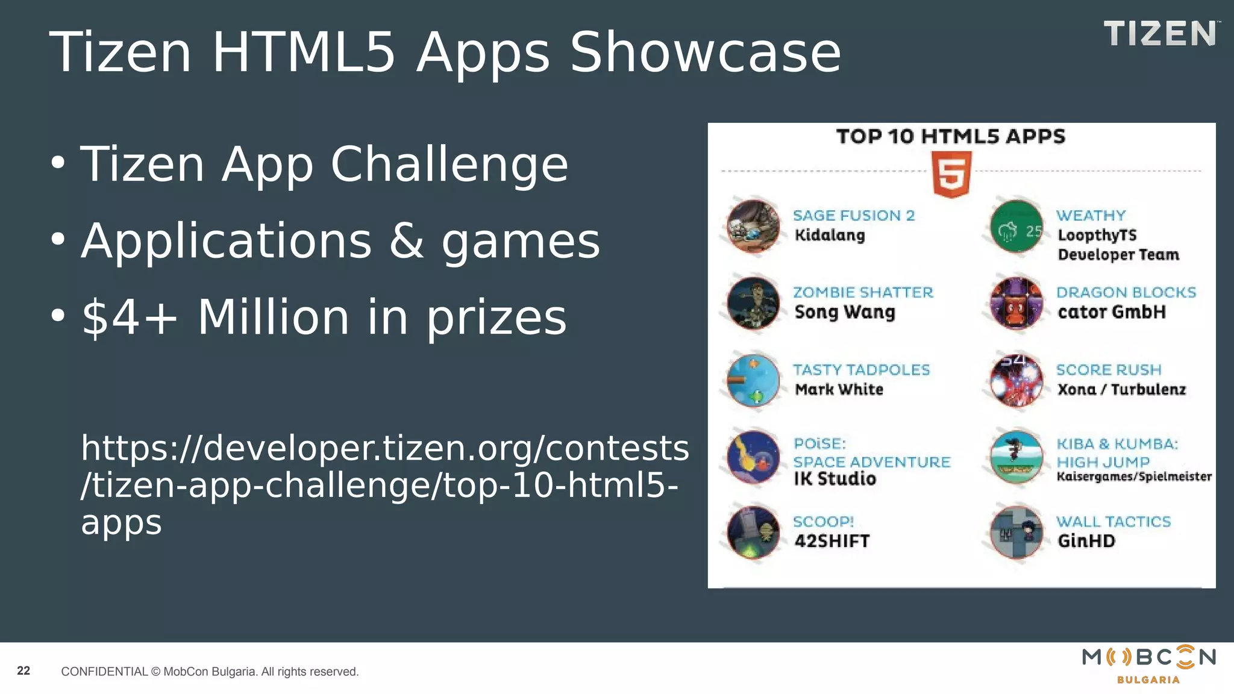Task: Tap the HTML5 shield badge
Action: coord(951,174)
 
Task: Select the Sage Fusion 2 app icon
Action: coord(753,226)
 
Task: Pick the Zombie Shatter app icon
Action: coord(753,303)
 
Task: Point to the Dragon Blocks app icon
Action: coord(1016,303)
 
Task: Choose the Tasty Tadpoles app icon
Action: coord(753,381)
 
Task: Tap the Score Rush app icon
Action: coord(1016,381)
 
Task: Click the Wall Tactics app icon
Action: coord(1016,533)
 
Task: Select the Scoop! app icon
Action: coord(753,533)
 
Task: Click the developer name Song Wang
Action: coord(845,313)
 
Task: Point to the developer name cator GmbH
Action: coord(1112,312)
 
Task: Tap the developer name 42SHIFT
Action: coord(832,541)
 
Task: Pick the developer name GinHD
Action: coord(1086,541)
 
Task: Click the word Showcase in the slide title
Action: coord(705,53)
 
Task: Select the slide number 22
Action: coord(23,671)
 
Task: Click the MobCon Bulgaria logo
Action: coord(1148,664)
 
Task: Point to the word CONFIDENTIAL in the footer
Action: coord(104,672)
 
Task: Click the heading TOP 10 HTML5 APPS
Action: coord(951,137)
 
